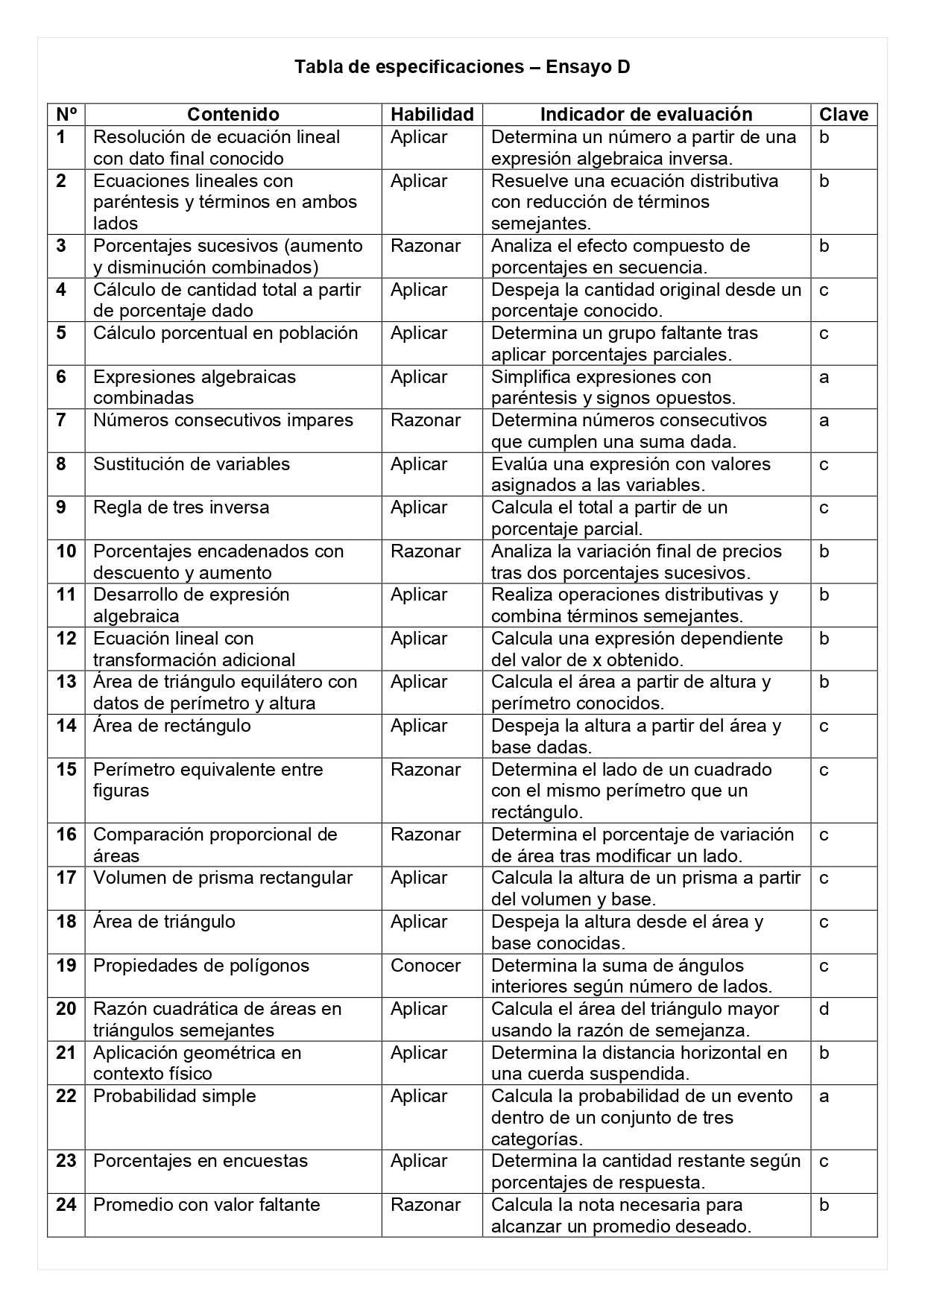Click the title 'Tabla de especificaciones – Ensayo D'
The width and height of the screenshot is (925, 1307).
click(462, 67)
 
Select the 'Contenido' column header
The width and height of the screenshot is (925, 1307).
click(233, 114)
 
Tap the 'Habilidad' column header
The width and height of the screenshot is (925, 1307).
click(432, 114)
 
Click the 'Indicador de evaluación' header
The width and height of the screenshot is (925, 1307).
click(646, 114)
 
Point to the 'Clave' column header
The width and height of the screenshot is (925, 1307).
click(844, 114)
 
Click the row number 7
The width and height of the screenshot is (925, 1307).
click(61, 420)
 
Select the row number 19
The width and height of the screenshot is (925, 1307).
click(66, 966)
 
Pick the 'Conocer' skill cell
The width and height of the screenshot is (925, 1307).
click(426, 966)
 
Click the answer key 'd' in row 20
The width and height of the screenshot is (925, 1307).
click(824, 1009)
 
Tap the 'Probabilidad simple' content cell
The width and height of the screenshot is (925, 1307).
click(174, 1096)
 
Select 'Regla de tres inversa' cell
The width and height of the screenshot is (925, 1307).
click(181, 507)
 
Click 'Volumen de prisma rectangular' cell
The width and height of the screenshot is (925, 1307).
click(223, 878)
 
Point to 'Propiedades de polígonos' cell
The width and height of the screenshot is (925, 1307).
click(201, 966)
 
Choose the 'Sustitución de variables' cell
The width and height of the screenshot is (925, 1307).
click(192, 464)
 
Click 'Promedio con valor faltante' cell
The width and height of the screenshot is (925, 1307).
click(206, 1205)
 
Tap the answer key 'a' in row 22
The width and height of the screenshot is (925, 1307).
click(824, 1096)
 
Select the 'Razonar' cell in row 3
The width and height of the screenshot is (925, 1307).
click(426, 246)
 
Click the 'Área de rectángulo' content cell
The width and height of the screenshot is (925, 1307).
click(172, 726)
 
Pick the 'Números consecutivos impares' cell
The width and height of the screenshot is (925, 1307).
click(223, 420)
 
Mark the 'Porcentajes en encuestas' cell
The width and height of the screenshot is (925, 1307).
click(201, 1161)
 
